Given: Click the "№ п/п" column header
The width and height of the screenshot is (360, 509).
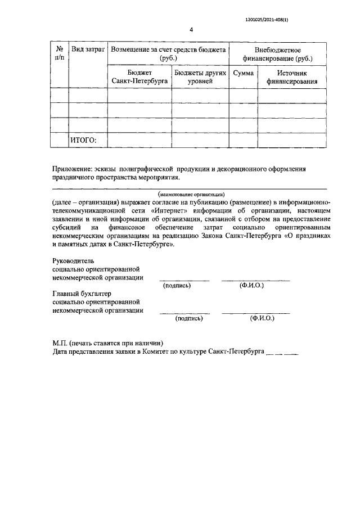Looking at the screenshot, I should click(x=58, y=54).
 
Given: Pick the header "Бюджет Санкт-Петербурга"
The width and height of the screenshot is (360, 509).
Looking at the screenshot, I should click(x=139, y=77).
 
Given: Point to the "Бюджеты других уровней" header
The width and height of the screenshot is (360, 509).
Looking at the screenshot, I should click(x=200, y=77).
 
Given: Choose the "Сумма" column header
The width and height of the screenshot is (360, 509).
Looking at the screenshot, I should click(x=243, y=73).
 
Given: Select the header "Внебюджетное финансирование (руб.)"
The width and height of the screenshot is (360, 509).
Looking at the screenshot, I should click(x=278, y=54).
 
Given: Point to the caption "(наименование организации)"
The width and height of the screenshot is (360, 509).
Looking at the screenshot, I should click(x=192, y=194).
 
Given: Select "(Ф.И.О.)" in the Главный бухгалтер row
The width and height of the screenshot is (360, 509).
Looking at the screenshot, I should click(x=262, y=318).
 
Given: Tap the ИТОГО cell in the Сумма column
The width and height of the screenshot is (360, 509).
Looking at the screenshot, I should click(x=243, y=140).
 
